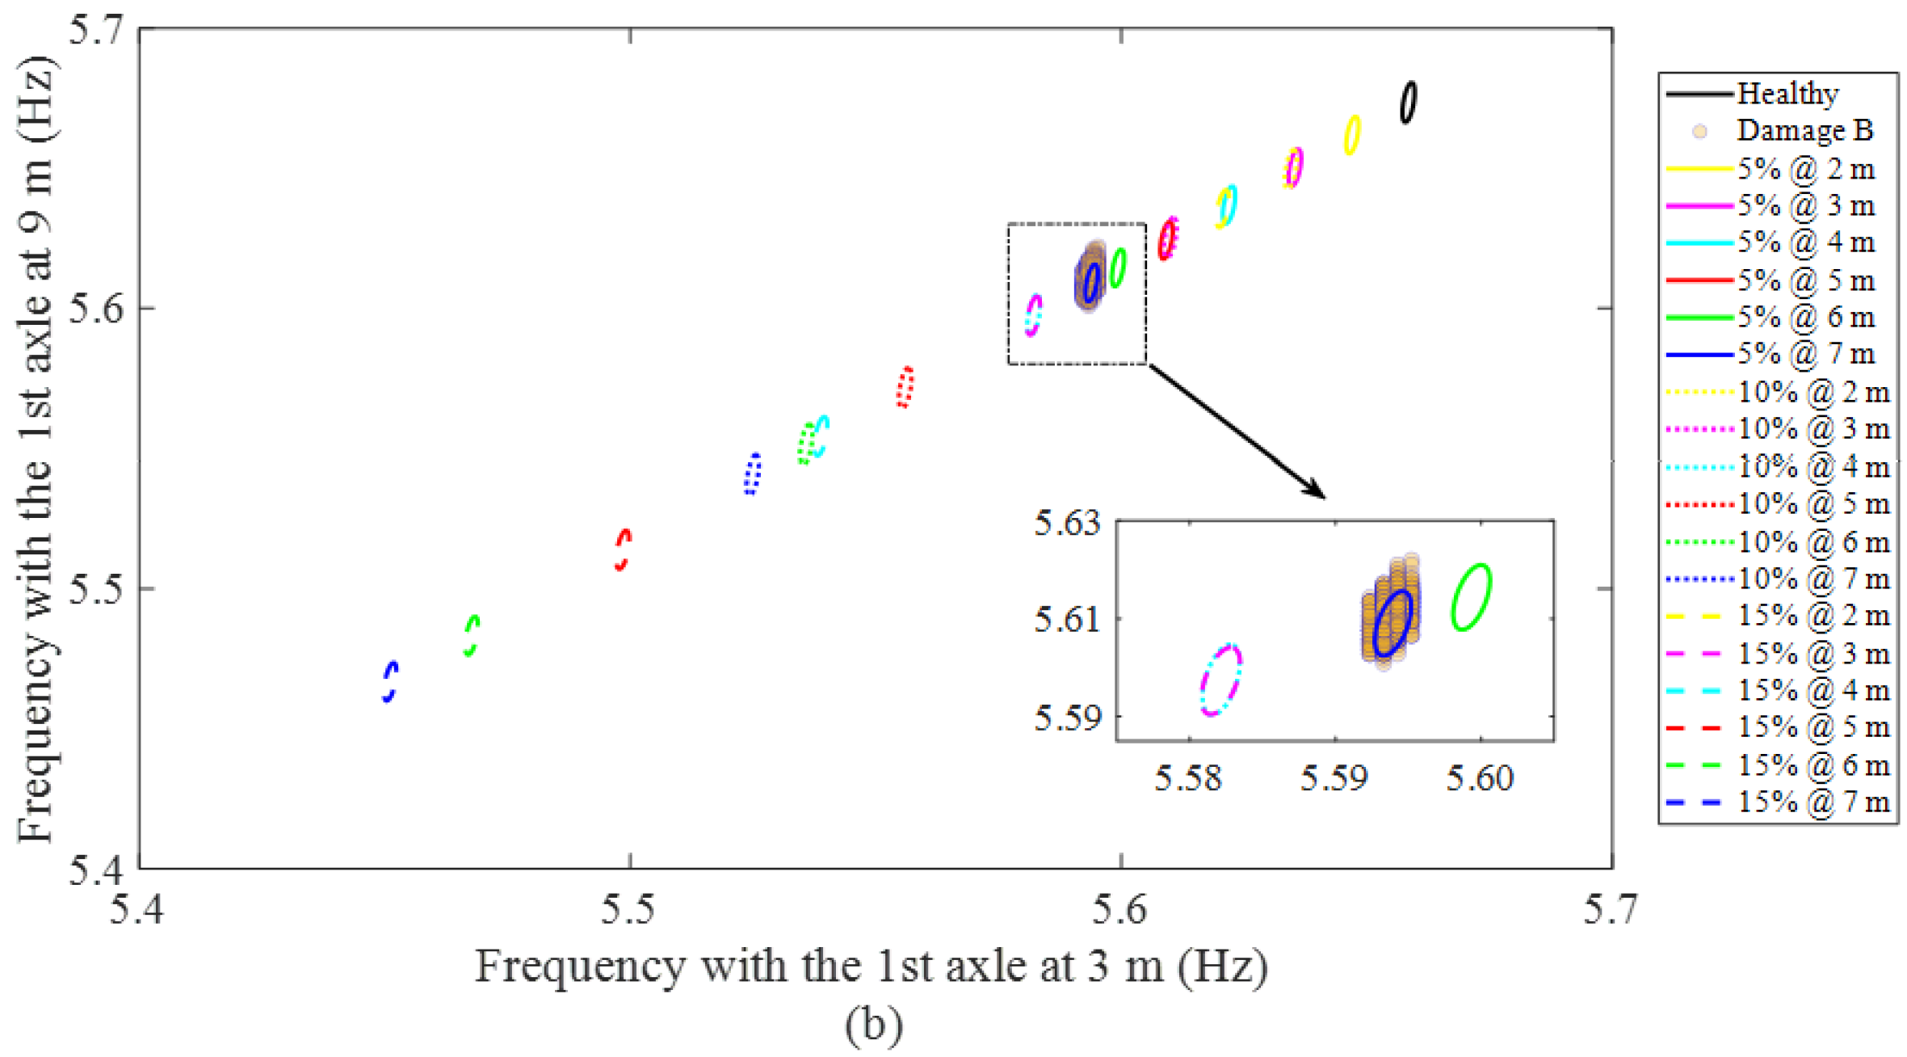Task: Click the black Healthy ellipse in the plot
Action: tap(1407, 103)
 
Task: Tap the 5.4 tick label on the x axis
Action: tap(138, 910)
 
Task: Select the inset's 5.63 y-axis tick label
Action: tap(1067, 524)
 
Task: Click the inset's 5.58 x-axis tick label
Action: tap(1188, 778)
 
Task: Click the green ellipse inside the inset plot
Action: tap(1471, 597)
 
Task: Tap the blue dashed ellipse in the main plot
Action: tap(390, 681)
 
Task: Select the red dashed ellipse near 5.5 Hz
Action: tap(622, 550)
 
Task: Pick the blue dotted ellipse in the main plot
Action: tap(752, 474)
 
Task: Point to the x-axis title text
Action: tap(871, 966)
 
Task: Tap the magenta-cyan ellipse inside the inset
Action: tap(1220, 680)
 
